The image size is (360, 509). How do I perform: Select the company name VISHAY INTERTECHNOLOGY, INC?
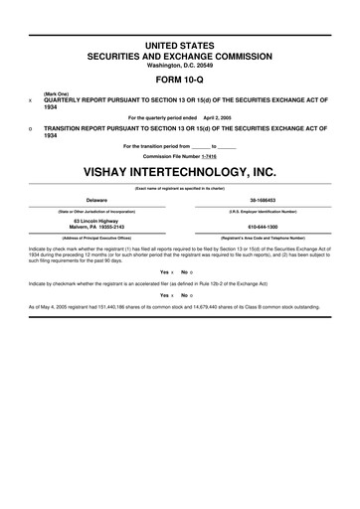pyautogui.click(x=179, y=171)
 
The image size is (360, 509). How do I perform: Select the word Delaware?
pyautogui.click(x=96, y=200)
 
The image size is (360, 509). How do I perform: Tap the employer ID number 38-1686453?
pyautogui.click(x=262, y=200)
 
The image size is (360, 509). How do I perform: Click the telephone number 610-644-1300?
pyautogui.click(x=262, y=227)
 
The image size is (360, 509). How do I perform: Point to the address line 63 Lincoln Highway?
pyautogui.click(x=96, y=221)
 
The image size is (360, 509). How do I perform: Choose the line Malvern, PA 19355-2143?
pyautogui.click(x=96, y=227)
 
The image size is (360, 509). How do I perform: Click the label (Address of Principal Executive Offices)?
pyautogui.click(x=96, y=239)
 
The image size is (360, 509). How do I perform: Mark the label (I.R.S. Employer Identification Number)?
pyautogui.click(x=262, y=212)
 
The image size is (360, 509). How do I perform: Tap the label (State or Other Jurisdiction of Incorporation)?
pyautogui.click(x=96, y=212)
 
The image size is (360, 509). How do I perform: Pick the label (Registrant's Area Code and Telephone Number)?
pyautogui.click(x=262, y=239)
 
